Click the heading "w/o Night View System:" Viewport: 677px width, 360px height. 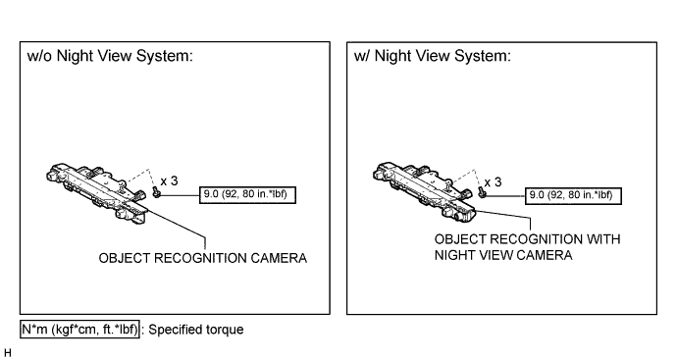click(x=110, y=56)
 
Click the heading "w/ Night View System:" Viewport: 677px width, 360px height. click(x=432, y=56)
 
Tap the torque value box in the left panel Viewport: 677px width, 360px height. click(x=247, y=194)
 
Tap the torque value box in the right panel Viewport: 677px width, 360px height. click(x=573, y=195)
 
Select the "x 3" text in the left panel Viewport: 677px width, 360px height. click(x=169, y=180)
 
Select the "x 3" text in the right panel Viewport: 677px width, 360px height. click(x=494, y=182)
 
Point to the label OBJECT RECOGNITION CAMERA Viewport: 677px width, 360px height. click(x=203, y=258)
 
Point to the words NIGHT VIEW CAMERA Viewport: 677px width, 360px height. click(x=503, y=255)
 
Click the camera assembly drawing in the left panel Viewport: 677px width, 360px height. click(x=97, y=193)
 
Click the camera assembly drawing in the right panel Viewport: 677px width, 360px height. click(x=424, y=192)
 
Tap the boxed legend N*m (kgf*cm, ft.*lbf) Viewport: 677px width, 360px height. click(x=79, y=330)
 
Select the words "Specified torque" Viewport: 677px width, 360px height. click(x=196, y=330)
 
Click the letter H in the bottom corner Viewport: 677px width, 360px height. click(x=7, y=353)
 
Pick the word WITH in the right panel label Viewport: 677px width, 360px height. click(x=605, y=239)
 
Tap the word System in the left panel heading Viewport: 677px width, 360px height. click(x=165, y=56)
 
